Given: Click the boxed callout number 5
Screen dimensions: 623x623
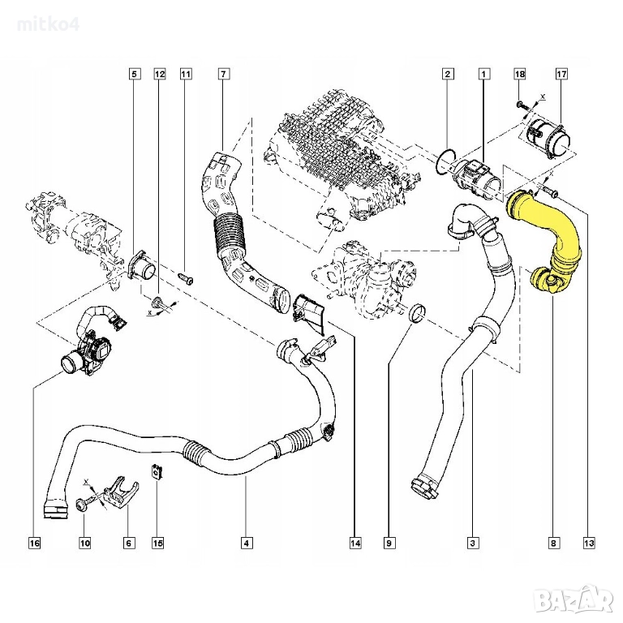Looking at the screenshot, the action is coord(135,74).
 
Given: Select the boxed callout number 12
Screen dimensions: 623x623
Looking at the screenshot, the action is coord(159,74).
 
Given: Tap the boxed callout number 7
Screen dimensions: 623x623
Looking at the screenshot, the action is coord(223,74).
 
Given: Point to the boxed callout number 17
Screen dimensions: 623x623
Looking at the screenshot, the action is coord(561,74).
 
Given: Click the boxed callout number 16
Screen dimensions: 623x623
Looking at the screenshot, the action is coord(35,543).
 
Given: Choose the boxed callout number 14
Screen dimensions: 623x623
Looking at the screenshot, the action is coord(355,543).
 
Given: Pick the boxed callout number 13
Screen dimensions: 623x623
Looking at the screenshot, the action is coord(589,543).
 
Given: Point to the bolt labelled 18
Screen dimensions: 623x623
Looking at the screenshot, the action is coord(526,105).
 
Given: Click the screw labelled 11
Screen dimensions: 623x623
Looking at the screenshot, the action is coord(186,278).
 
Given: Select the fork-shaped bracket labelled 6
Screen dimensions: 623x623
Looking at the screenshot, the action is coord(121,492).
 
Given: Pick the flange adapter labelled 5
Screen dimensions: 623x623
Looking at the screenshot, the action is coord(141,266).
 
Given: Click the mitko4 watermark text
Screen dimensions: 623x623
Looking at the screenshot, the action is coord(48,24).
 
